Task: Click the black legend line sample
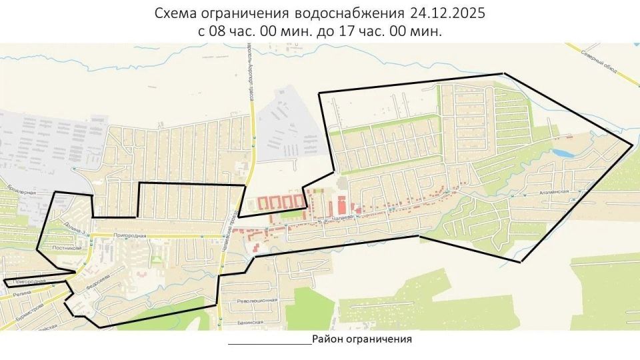269,344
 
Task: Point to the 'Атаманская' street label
553,192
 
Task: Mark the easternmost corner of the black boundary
632,145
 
